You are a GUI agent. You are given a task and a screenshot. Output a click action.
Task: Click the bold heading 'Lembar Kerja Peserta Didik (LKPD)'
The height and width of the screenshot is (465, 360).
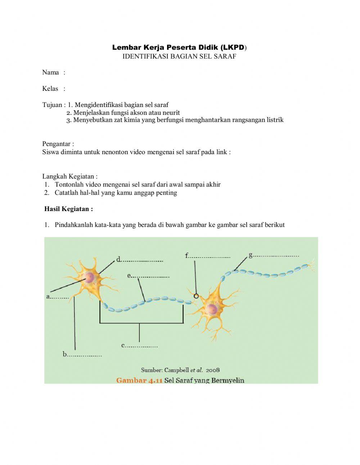pyautogui.click(x=179, y=48)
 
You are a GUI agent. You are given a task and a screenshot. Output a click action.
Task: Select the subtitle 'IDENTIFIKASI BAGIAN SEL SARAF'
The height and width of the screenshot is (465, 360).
pyautogui.click(x=179, y=56)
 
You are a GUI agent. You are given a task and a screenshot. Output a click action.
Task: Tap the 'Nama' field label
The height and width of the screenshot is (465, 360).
pyautogui.click(x=50, y=72)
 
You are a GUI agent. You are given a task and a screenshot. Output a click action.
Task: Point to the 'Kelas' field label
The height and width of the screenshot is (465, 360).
pyautogui.click(x=50, y=89)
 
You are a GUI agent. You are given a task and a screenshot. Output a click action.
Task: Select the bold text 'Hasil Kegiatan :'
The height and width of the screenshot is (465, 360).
pyautogui.click(x=68, y=209)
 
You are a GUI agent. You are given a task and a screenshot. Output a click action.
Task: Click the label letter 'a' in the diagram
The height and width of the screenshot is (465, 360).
pyautogui.click(x=48, y=297)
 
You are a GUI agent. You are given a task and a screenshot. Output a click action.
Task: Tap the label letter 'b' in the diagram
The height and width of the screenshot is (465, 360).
pyautogui.click(x=65, y=354)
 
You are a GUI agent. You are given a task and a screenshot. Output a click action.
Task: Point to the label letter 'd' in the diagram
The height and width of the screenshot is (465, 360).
pyautogui.click(x=118, y=259)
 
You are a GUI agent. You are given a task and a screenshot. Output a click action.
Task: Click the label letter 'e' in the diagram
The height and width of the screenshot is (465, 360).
pyautogui.click(x=129, y=276)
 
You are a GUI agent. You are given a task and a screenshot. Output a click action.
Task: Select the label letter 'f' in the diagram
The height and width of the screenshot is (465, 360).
pyautogui.click(x=187, y=256)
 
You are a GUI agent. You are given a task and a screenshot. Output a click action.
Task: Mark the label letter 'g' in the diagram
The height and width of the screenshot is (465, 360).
pyautogui.click(x=251, y=255)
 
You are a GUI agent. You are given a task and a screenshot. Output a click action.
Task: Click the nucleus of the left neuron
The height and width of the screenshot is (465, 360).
pyautogui.click(x=89, y=277)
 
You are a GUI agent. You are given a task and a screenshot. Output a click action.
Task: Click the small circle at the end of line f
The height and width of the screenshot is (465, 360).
pyautogui.click(x=196, y=296)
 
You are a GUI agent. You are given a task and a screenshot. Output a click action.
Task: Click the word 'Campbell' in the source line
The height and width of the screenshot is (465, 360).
pyautogui.click(x=176, y=370)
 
